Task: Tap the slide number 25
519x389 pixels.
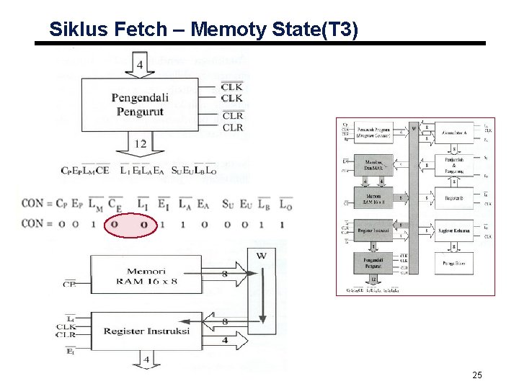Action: tap(476, 375)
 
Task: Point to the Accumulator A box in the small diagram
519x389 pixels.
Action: tap(453, 134)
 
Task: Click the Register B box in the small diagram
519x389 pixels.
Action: tap(453, 197)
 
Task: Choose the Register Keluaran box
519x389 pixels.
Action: tap(453, 231)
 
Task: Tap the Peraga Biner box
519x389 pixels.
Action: tap(453, 264)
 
